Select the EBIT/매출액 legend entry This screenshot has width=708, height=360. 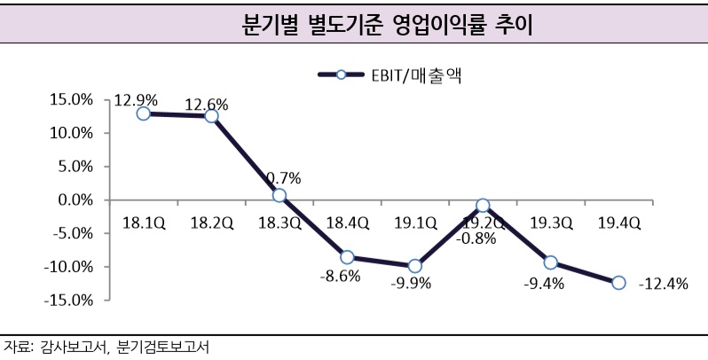[x=391, y=75]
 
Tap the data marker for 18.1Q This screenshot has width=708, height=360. [x=144, y=113]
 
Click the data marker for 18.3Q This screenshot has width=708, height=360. [x=279, y=195]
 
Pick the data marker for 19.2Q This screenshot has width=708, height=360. [x=483, y=205]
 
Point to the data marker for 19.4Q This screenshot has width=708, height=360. [x=618, y=283]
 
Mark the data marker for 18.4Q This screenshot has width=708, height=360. [x=347, y=257]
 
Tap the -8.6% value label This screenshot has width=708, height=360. [x=341, y=276]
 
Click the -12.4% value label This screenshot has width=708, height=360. [x=663, y=284]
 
